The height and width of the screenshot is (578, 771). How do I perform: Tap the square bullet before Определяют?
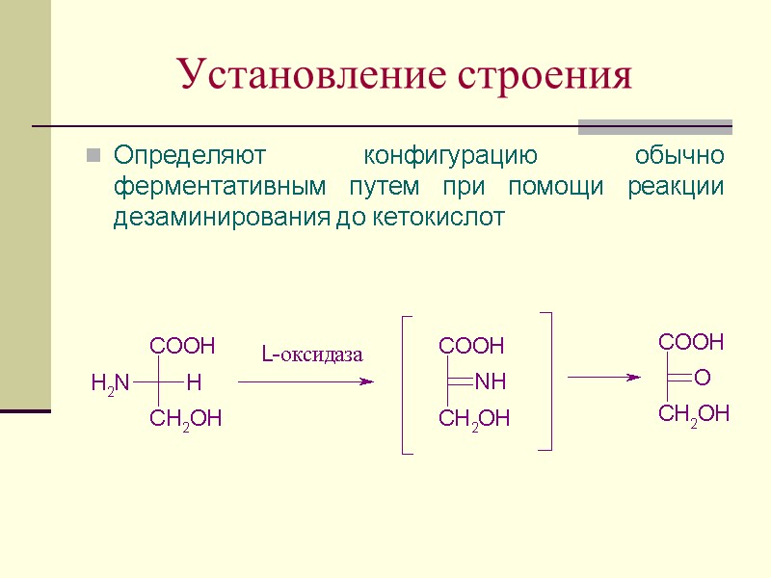[x=93, y=154]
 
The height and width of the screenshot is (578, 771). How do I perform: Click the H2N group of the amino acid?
[x=110, y=383]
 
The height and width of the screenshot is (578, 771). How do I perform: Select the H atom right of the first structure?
[x=194, y=383]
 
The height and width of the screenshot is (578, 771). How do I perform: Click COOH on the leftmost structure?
[x=182, y=345]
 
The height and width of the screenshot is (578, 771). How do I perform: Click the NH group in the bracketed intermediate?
[x=491, y=383]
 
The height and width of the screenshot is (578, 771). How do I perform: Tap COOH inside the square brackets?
[x=471, y=345]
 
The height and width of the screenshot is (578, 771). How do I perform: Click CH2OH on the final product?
[x=694, y=414]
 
